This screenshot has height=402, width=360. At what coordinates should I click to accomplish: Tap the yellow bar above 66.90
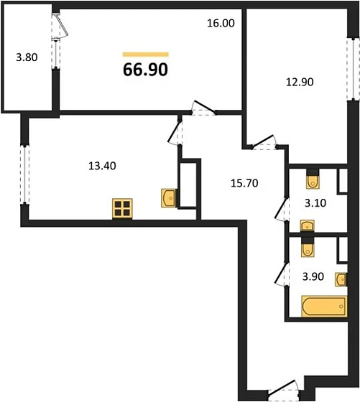click(x=145, y=54)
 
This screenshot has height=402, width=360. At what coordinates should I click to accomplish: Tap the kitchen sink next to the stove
click(x=168, y=197)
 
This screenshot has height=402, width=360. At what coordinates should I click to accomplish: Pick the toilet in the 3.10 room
click(x=314, y=176)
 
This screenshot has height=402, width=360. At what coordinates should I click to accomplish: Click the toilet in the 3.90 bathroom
click(x=307, y=248)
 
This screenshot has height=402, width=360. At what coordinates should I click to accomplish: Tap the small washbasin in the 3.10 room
click(x=307, y=226)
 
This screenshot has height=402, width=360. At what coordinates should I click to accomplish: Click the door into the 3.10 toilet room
click(x=282, y=209)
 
